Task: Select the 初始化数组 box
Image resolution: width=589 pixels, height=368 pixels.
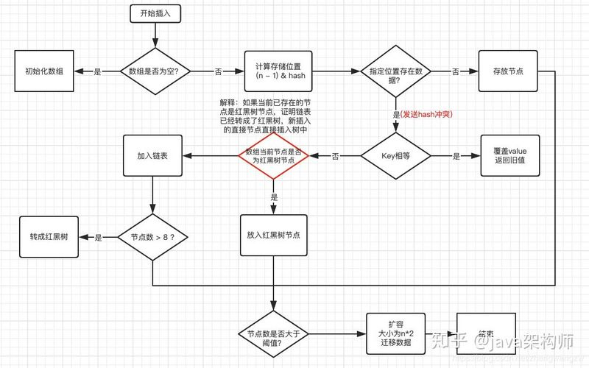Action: coord(45,72)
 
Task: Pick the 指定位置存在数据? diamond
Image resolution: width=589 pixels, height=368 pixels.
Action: coord(395,71)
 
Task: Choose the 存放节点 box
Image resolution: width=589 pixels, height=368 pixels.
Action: coord(507,71)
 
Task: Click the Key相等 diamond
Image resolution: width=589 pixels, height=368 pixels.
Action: coord(395,156)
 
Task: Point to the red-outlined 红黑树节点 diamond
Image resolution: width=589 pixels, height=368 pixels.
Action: coord(273,156)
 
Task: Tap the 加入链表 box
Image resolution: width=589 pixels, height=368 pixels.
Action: coord(152,156)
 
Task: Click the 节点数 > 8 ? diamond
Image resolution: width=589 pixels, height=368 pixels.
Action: coord(152,237)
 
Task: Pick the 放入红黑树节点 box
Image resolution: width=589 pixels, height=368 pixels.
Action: coord(273,235)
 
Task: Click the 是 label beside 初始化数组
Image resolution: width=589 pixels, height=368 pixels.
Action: coord(98,72)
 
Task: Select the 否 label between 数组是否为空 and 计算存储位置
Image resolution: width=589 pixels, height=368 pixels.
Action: coord(218,72)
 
